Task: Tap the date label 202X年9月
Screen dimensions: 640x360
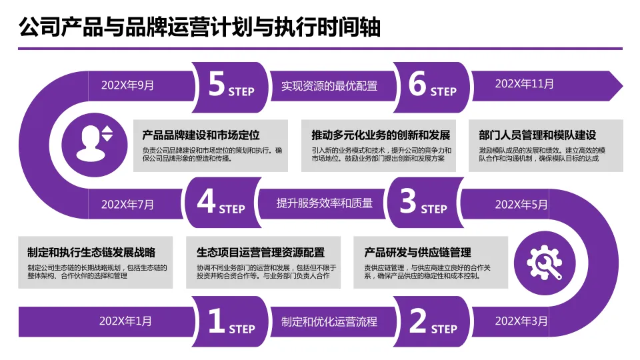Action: pos(127,85)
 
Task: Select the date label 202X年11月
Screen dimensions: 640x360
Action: pos(525,84)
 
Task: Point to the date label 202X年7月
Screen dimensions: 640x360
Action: pos(127,204)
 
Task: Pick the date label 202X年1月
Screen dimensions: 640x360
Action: pos(125,321)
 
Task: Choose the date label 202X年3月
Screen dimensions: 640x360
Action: pos(521,321)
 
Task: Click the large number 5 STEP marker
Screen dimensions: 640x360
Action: pos(230,85)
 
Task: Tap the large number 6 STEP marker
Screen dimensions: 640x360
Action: pos(431,85)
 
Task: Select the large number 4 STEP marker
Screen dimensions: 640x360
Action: pos(221,203)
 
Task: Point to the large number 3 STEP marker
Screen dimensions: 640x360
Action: pos(423,203)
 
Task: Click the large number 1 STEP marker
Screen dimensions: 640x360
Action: pos(231,322)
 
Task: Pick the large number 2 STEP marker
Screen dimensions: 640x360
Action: pos(432,322)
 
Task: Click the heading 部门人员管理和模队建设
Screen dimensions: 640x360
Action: pos(537,135)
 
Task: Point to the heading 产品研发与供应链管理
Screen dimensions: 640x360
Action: pos(417,253)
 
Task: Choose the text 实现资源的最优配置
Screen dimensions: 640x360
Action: pos(329,85)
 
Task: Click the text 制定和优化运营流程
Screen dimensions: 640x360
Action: pos(329,321)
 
